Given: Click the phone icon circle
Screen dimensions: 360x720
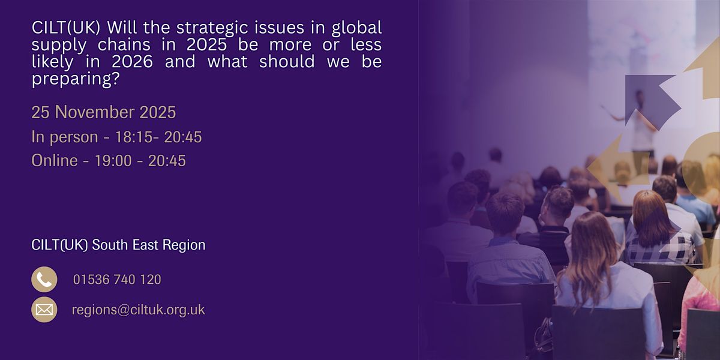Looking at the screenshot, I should coord(44,280).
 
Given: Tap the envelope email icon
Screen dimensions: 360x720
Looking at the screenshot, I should coord(44,310).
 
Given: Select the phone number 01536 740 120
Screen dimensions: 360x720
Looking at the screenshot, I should coord(117,280).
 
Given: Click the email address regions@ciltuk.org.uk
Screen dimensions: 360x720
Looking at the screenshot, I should coord(138,310).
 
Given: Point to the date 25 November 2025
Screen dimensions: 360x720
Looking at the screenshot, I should coord(104,112).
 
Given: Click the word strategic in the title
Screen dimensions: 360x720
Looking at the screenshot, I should coord(197,28).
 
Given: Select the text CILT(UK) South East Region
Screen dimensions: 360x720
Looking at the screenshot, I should coord(118,245).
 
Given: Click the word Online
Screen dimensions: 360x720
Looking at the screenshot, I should coord(55,161).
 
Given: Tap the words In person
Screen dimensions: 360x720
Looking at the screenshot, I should coord(64,137).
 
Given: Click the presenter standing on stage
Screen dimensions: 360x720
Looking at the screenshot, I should coord(641,120).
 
